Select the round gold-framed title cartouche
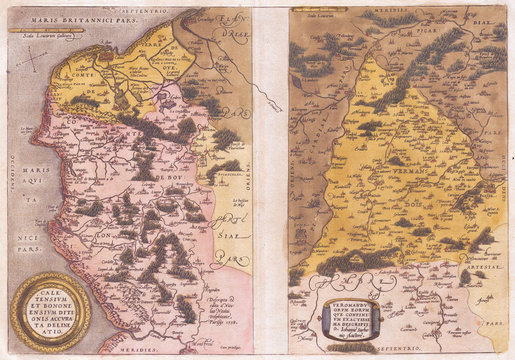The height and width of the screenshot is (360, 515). tap(51, 309)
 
